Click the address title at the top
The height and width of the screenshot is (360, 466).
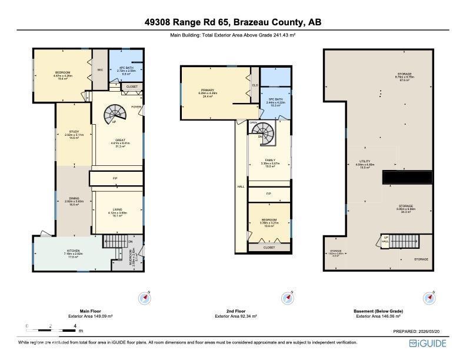tap(233, 22)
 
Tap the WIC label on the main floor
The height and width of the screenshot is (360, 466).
tap(100, 70)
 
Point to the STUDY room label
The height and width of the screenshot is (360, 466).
tap(74, 132)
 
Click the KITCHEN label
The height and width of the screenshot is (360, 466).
tap(73, 251)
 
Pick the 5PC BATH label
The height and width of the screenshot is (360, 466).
tap(275, 99)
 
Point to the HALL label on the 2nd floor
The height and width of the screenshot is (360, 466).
tap(241, 186)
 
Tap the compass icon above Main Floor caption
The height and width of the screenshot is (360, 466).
tap(145, 298)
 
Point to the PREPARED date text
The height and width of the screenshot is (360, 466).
tap(420, 332)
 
